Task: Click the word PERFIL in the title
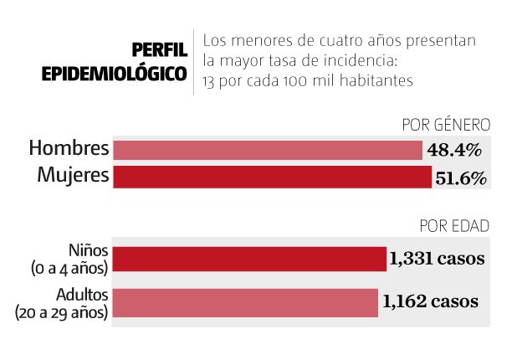click(158, 50)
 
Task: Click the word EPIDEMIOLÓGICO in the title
click(115, 73)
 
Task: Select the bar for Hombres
click(268, 150)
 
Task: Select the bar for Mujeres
click(273, 177)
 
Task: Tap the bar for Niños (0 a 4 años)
click(249, 259)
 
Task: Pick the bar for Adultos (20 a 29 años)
click(245, 302)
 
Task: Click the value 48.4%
click(453, 151)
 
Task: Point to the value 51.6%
click(459, 177)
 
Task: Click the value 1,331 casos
click(436, 259)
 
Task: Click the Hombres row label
click(69, 149)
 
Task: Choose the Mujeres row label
click(73, 176)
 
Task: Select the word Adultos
click(82, 295)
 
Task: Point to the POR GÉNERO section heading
click(445, 126)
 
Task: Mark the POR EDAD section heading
click(454, 226)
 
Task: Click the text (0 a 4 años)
click(67, 268)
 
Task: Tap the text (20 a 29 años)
click(62, 312)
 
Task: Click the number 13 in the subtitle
click(210, 81)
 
